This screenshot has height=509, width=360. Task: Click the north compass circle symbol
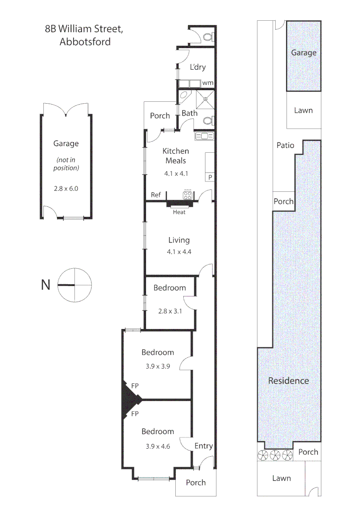pyautogui.click(x=74, y=285)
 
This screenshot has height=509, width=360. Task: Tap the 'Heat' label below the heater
pyautogui.click(x=179, y=212)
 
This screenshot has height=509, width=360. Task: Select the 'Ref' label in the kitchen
pyautogui.click(x=155, y=195)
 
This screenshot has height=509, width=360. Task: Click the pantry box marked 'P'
pyautogui.click(x=210, y=177)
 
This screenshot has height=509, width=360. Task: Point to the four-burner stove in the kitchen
pyautogui.click(x=188, y=195)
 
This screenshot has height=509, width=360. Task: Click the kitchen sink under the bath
pyautogui.click(x=204, y=136)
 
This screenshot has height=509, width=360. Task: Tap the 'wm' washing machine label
pyautogui.click(x=208, y=83)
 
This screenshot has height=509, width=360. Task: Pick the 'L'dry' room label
pyautogui.click(x=198, y=67)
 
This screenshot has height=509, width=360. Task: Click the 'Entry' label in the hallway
pyautogui.click(x=204, y=446)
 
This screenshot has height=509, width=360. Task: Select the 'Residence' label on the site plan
pyautogui.click(x=288, y=380)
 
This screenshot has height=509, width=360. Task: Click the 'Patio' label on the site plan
pyautogui.click(x=285, y=145)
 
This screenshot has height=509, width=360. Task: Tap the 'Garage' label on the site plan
pyautogui.click(x=303, y=53)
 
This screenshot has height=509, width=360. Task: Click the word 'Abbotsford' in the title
pyautogui.click(x=85, y=41)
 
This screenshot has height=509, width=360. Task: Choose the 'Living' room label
pyautogui.click(x=179, y=240)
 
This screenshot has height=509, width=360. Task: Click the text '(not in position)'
pyautogui.click(x=66, y=163)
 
